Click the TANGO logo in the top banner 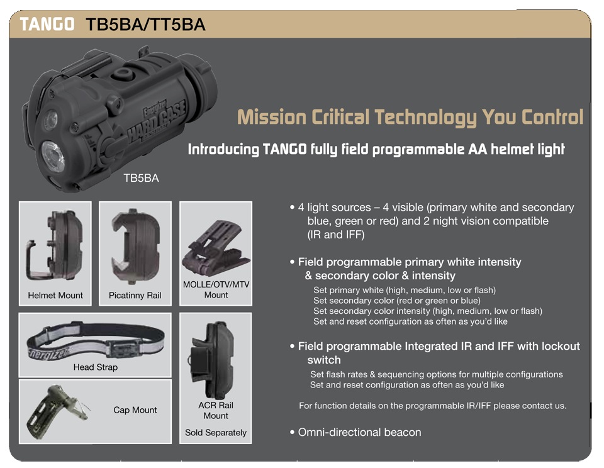47,24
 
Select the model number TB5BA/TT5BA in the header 145,25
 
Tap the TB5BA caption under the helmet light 141,178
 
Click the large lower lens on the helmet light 53,156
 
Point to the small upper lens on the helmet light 50,119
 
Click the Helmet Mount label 55,296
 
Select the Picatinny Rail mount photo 135,246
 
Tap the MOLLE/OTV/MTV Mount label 216,289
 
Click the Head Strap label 96,367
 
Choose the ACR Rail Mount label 216,410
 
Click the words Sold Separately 216,433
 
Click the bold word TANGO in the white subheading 284,149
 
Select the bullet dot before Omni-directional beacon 292,432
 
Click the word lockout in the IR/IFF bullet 561,346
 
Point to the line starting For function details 433,406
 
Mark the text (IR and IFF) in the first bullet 335,235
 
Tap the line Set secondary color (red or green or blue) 397,301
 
